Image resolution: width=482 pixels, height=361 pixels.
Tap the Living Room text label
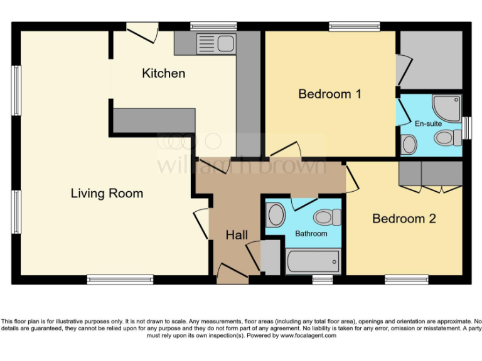click(x=107, y=193)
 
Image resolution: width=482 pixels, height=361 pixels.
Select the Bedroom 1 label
click(x=329, y=94)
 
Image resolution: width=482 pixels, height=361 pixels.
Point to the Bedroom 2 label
click(x=404, y=219)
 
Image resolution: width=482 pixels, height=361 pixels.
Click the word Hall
click(x=237, y=235)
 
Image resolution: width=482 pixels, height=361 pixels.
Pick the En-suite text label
click(x=428, y=123)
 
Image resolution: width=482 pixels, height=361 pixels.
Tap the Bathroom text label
click(x=311, y=234)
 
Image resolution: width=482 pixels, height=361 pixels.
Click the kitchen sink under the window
click(x=215, y=44)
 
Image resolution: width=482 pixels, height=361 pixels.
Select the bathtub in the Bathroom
click(x=313, y=261)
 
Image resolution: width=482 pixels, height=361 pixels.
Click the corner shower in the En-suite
click(x=448, y=107)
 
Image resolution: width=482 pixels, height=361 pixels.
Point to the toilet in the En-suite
click(x=447, y=139)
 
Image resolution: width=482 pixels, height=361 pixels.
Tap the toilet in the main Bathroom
click(x=326, y=217)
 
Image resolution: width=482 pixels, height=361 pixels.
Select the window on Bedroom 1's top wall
click(x=355, y=26)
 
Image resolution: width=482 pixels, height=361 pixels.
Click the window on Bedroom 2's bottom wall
click(x=406, y=280)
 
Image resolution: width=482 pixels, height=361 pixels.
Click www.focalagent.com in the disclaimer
click(x=308, y=336)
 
